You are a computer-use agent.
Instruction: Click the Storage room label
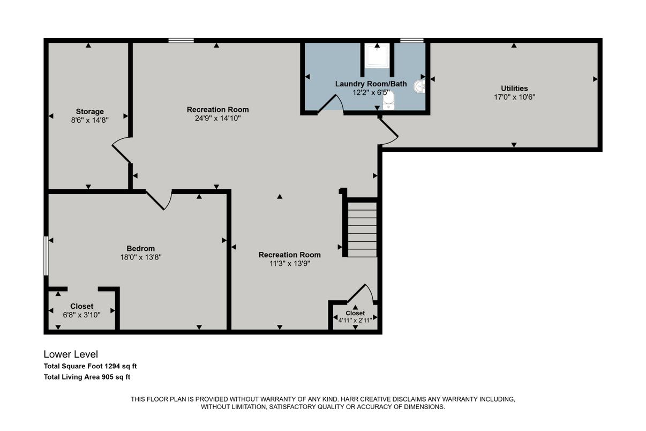click(x=89, y=112)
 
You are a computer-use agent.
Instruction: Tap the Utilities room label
click(x=514, y=88)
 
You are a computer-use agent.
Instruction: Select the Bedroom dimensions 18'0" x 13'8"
click(x=141, y=257)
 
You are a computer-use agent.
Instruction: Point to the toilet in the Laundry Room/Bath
click(x=388, y=100)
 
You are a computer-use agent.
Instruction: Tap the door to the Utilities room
click(x=388, y=132)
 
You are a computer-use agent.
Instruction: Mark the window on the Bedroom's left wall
click(x=46, y=256)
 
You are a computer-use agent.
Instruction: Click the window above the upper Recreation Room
click(x=181, y=40)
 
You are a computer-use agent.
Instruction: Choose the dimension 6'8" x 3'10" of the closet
click(x=81, y=315)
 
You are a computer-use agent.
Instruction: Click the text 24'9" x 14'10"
click(x=217, y=118)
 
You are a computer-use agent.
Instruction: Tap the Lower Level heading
click(x=71, y=354)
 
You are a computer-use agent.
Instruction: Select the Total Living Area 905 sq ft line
click(x=87, y=377)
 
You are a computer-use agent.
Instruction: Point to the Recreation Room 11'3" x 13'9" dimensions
click(x=289, y=263)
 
